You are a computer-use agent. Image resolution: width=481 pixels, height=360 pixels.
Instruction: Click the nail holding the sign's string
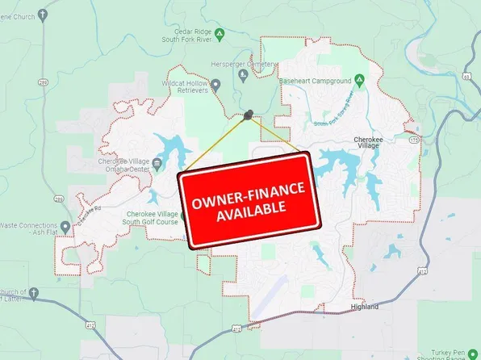(x=249, y=115)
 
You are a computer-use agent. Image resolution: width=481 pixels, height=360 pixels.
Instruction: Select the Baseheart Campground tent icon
(x=361, y=79)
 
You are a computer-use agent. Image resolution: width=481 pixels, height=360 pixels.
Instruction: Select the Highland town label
(x=365, y=306)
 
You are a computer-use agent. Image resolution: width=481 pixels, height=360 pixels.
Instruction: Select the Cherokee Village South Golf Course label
(x=150, y=217)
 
